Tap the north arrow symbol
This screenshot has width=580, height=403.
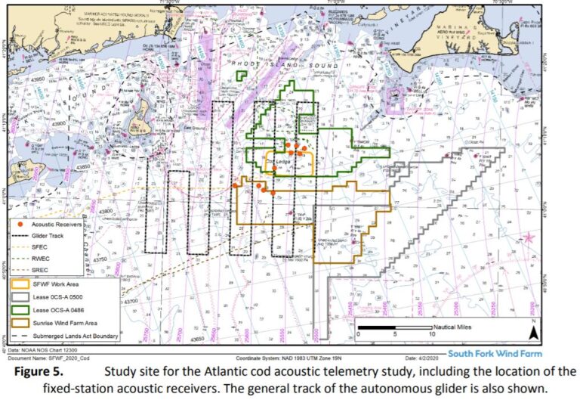[x=532, y=330]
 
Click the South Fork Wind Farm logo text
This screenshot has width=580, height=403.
[x=495, y=353]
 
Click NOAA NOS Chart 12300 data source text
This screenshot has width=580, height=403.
[x=43, y=352]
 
